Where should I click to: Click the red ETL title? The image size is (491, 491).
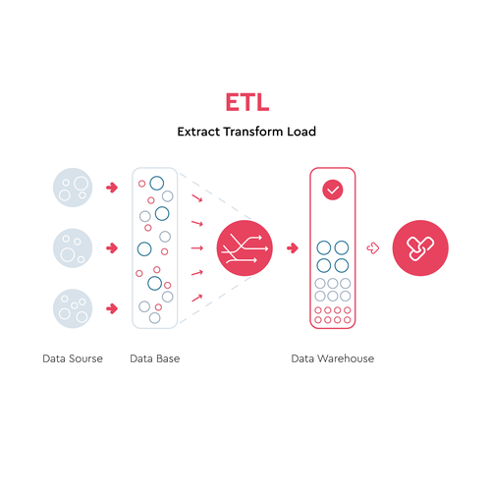[x=247, y=102]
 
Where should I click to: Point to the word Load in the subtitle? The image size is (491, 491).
[x=301, y=132]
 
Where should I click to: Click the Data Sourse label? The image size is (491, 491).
[x=73, y=358]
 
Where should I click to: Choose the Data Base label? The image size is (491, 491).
[x=155, y=358]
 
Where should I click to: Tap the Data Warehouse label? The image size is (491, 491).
[x=333, y=358]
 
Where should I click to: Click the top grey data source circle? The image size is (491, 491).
[x=73, y=188]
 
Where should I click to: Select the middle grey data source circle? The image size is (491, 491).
[x=73, y=248]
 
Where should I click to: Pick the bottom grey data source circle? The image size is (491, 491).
[x=73, y=308]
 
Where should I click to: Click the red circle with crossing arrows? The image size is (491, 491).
[x=245, y=248]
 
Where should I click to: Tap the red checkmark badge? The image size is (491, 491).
[x=333, y=190]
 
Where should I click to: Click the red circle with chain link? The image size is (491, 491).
[x=420, y=248]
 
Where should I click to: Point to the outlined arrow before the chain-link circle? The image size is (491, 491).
[x=373, y=248]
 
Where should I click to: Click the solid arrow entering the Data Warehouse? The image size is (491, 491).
[x=293, y=248]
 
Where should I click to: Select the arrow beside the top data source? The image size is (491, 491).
[x=112, y=188]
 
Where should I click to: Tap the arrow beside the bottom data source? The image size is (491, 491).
[x=112, y=308]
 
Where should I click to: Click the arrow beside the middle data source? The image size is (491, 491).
[x=112, y=248]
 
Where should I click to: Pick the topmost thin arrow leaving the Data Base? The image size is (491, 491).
[x=197, y=198]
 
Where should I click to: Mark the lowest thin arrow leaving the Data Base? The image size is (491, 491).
[x=197, y=298]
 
